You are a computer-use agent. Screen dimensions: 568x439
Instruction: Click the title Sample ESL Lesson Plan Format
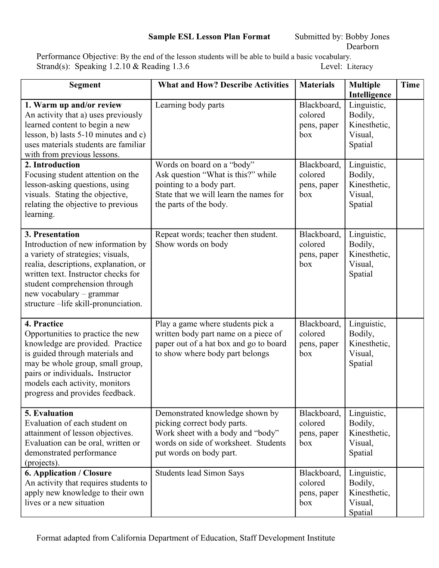tap(209, 37)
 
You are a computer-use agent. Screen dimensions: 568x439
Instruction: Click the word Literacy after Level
tap(360, 67)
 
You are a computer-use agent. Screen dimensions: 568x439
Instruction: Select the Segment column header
tap(85, 85)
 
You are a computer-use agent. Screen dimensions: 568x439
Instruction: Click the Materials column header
tap(317, 85)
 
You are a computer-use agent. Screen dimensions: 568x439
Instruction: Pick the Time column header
tap(410, 85)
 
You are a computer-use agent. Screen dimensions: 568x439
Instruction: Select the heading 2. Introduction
tap(52, 165)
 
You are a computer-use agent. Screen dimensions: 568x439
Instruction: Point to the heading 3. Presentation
tap(52, 235)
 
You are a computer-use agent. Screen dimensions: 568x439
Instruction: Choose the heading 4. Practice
tap(44, 324)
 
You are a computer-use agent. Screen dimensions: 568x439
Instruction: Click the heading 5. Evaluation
tap(49, 414)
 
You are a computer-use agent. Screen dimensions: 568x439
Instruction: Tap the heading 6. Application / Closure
tap(68, 473)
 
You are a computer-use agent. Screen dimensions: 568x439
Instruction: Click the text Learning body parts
tap(189, 105)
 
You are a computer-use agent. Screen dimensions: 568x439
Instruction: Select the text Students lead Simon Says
tap(199, 473)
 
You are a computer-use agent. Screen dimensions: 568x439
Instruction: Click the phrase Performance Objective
tap(77, 56)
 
